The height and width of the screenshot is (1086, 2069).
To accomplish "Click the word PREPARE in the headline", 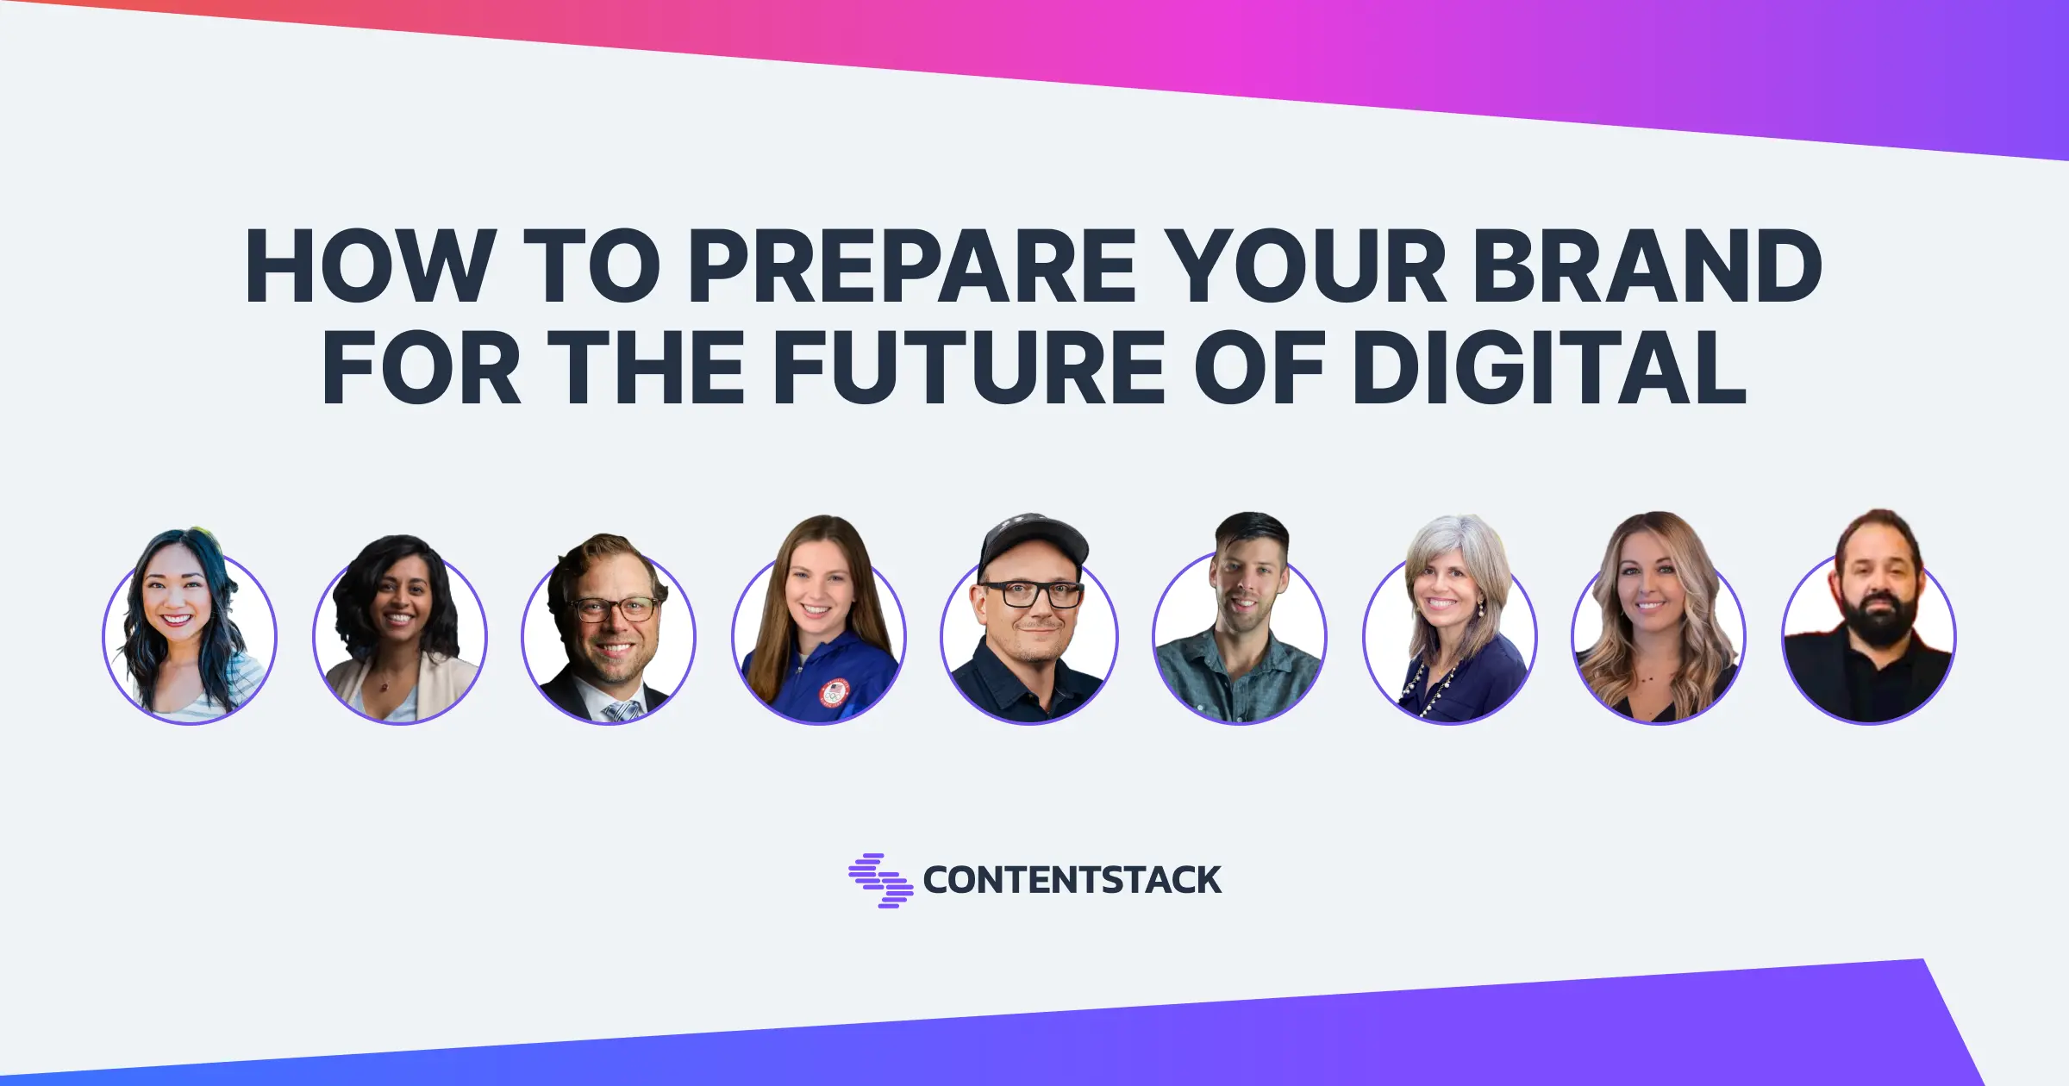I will coord(912,266).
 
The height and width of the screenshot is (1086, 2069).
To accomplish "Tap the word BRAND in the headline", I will coord(1647,266).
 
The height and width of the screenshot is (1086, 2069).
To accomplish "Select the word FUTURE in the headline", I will coord(968,368).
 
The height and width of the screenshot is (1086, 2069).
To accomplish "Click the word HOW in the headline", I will coord(371,266).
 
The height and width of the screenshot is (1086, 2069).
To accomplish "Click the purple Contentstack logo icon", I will coord(880,880).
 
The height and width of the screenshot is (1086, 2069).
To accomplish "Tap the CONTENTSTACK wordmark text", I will coord(1072,880).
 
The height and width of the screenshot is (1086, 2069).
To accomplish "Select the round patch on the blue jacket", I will coord(834,693).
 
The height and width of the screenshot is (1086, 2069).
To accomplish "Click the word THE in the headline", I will coord(646,368).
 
